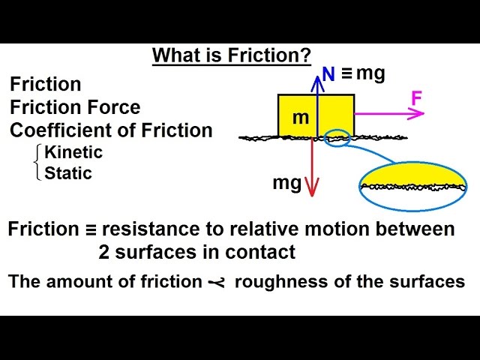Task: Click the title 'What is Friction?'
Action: (231, 55)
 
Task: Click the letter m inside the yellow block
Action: (300, 118)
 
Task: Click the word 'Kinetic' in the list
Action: (73, 152)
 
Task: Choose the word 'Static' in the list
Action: (68, 173)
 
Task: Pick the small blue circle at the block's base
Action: (339, 138)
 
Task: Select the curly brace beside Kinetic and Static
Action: (38, 163)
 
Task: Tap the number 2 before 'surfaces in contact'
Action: (104, 251)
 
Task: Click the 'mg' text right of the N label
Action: (370, 73)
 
